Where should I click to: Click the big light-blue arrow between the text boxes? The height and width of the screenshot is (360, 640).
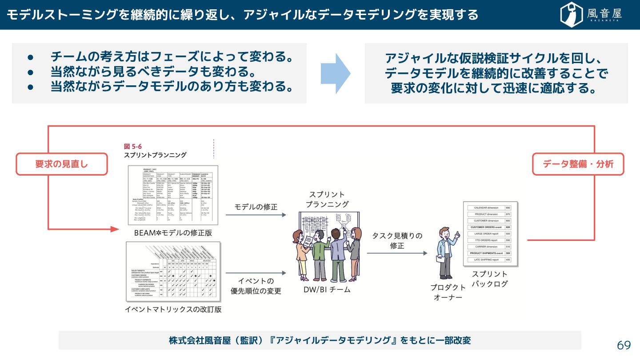coord(336,73)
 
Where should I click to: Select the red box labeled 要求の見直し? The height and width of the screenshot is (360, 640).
coord(62,164)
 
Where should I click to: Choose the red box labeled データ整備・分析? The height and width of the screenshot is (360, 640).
coord(578,164)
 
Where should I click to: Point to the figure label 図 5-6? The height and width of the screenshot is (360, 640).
coord(133,146)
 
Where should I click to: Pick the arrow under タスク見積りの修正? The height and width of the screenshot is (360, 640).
coord(397,253)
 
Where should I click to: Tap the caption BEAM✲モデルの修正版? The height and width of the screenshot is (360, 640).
coord(173,232)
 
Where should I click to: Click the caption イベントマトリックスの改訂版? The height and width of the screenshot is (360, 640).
coord(173,309)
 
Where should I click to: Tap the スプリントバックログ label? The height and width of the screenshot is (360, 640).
coord(489,279)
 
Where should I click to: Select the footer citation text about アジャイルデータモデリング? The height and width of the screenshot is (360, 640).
coord(320,340)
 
